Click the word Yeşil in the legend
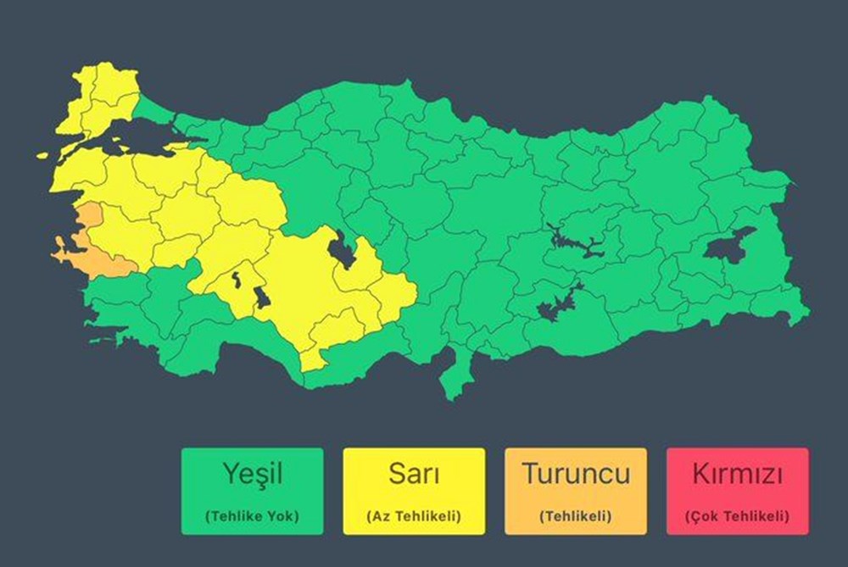pyautogui.click(x=252, y=474)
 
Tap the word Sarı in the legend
pyautogui.click(x=414, y=474)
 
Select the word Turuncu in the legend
pyautogui.click(x=576, y=473)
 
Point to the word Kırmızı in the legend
pyautogui.click(x=737, y=474)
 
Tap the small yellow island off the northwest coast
pyautogui.click(x=42, y=155)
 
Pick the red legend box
pyautogui.click(x=737, y=491)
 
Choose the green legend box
pyautogui.click(x=252, y=491)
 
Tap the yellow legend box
pyautogui.click(x=414, y=491)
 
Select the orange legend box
pyautogui.click(x=576, y=491)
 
